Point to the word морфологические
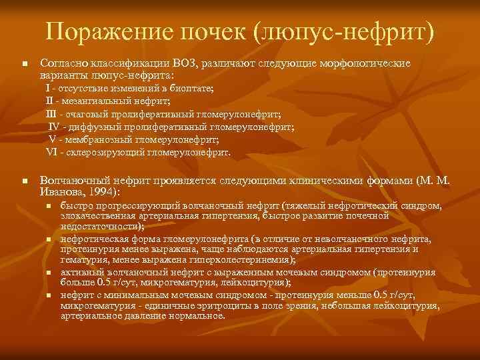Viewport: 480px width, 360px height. tap(363, 64)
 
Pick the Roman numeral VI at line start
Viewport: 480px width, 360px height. tap(53, 152)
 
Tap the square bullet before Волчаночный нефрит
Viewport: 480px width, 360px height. tap(24, 181)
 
